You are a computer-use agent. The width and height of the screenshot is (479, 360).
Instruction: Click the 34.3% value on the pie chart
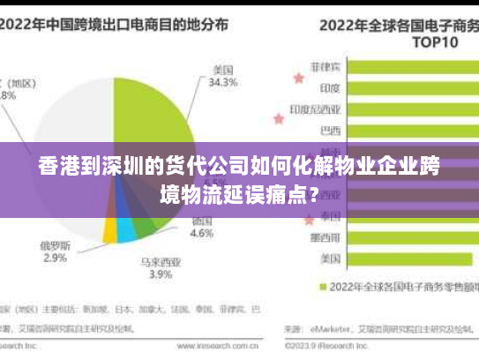[223, 83]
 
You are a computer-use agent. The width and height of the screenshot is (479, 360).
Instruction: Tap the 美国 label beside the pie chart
[223, 69]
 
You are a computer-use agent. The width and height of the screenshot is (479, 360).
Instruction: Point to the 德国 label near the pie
[202, 221]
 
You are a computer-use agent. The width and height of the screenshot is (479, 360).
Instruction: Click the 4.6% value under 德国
[202, 235]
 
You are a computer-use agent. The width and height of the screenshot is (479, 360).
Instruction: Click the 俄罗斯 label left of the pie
[55, 245]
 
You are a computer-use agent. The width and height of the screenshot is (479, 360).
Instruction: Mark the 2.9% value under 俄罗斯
[55, 259]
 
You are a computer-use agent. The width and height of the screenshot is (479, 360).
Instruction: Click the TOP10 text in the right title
[438, 41]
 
